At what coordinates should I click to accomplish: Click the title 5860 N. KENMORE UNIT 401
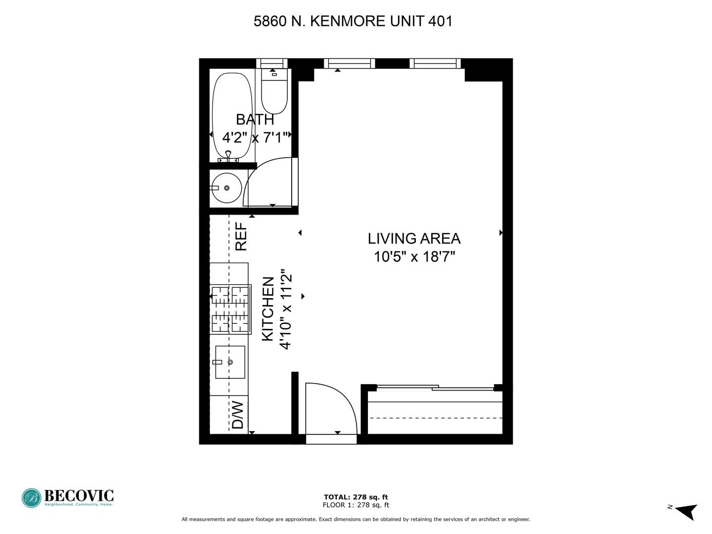(353, 21)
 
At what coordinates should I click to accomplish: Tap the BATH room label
(255, 119)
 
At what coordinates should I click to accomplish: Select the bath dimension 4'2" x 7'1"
(255, 137)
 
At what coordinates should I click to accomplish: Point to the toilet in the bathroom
(274, 91)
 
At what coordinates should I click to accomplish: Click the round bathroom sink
(225, 188)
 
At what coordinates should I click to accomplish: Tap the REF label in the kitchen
(241, 236)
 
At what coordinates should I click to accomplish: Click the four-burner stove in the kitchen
(230, 309)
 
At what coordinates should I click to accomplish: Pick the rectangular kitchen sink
(230, 362)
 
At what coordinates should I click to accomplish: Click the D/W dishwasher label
(238, 415)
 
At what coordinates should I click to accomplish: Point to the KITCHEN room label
(267, 309)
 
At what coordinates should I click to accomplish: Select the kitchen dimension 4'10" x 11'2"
(286, 309)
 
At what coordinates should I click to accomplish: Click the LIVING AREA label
(414, 238)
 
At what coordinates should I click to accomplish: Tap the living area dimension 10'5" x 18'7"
(414, 257)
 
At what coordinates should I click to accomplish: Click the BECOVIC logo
(68, 497)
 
